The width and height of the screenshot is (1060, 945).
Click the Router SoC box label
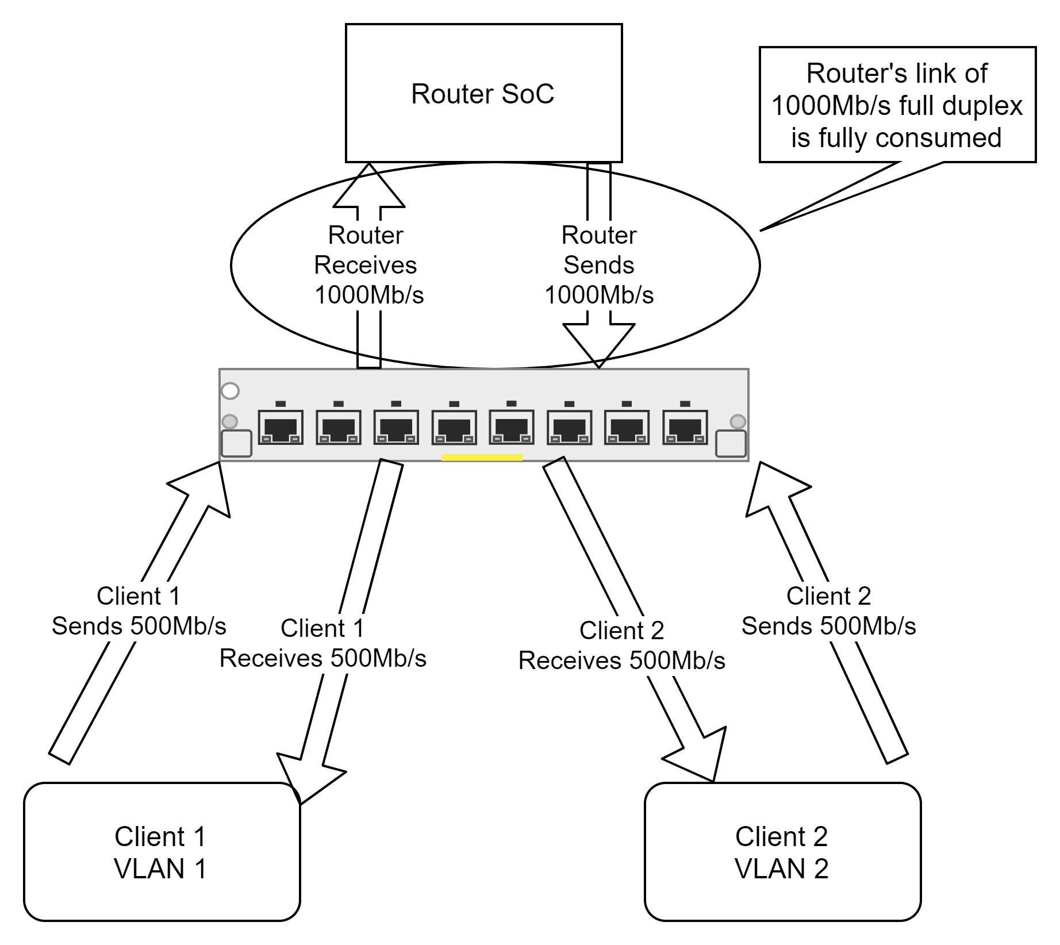pyautogui.click(x=482, y=94)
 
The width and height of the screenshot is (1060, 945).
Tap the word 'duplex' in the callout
pyautogui.click(x=989, y=106)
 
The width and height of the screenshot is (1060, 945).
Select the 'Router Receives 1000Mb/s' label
pyautogui.click(x=368, y=265)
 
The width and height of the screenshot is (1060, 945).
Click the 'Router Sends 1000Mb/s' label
pyautogui.click(x=598, y=265)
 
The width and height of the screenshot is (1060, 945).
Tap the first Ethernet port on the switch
pyautogui.click(x=281, y=427)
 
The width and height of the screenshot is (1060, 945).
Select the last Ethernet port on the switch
pyautogui.click(x=685, y=427)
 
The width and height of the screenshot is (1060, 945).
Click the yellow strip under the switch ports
pyautogui.click(x=482, y=458)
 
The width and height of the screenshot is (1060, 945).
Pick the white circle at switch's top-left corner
pyautogui.click(x=230, y=391)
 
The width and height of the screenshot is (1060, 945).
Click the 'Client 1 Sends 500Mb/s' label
pyautogui.click(x=139, y=611)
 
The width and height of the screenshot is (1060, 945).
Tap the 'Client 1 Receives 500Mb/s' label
pyautogui.click(x=322, y=643)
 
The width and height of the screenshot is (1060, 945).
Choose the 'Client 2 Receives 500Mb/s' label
pyautogui.click(x=621, y=646)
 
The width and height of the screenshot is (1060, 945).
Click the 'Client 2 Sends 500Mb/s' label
pyautogui.click(x=828, y=611)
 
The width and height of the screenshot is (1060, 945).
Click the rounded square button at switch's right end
pyautogui.click(x=731, y=444)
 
